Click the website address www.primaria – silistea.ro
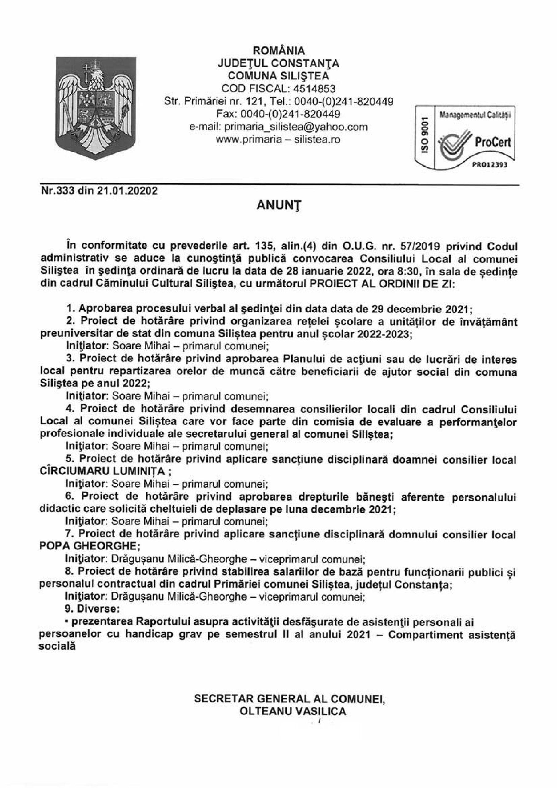278,139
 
